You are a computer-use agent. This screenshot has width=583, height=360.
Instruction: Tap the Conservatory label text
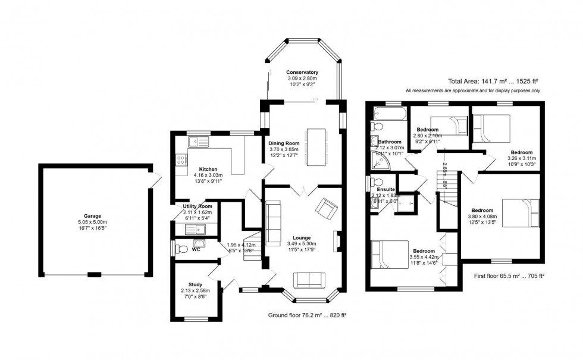click(x=302, y=72)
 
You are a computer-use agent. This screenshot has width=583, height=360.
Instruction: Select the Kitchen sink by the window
click(x=196, y=142)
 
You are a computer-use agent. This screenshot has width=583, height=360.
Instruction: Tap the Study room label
click(x=196, y=284)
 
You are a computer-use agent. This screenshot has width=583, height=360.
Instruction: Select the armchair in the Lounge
click(x=326, y=208)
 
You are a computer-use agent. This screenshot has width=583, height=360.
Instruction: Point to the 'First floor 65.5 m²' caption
click(x=510, y=276)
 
